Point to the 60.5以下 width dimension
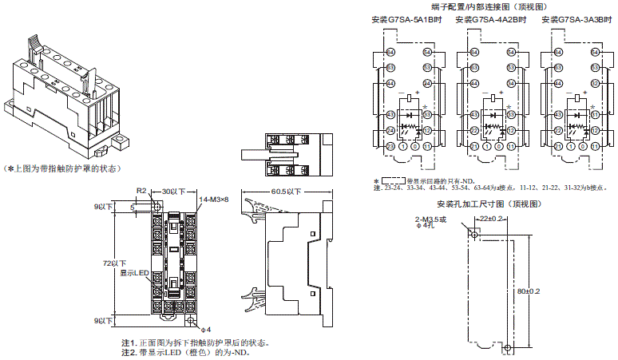coord(286,192)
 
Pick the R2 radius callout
coord(140,192)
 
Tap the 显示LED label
coord(135,273)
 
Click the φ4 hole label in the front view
coord(205,328)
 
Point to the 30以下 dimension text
coord(172,192)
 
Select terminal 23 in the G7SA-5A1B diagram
coord(391,147)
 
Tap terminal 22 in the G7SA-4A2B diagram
coord(474,130)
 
